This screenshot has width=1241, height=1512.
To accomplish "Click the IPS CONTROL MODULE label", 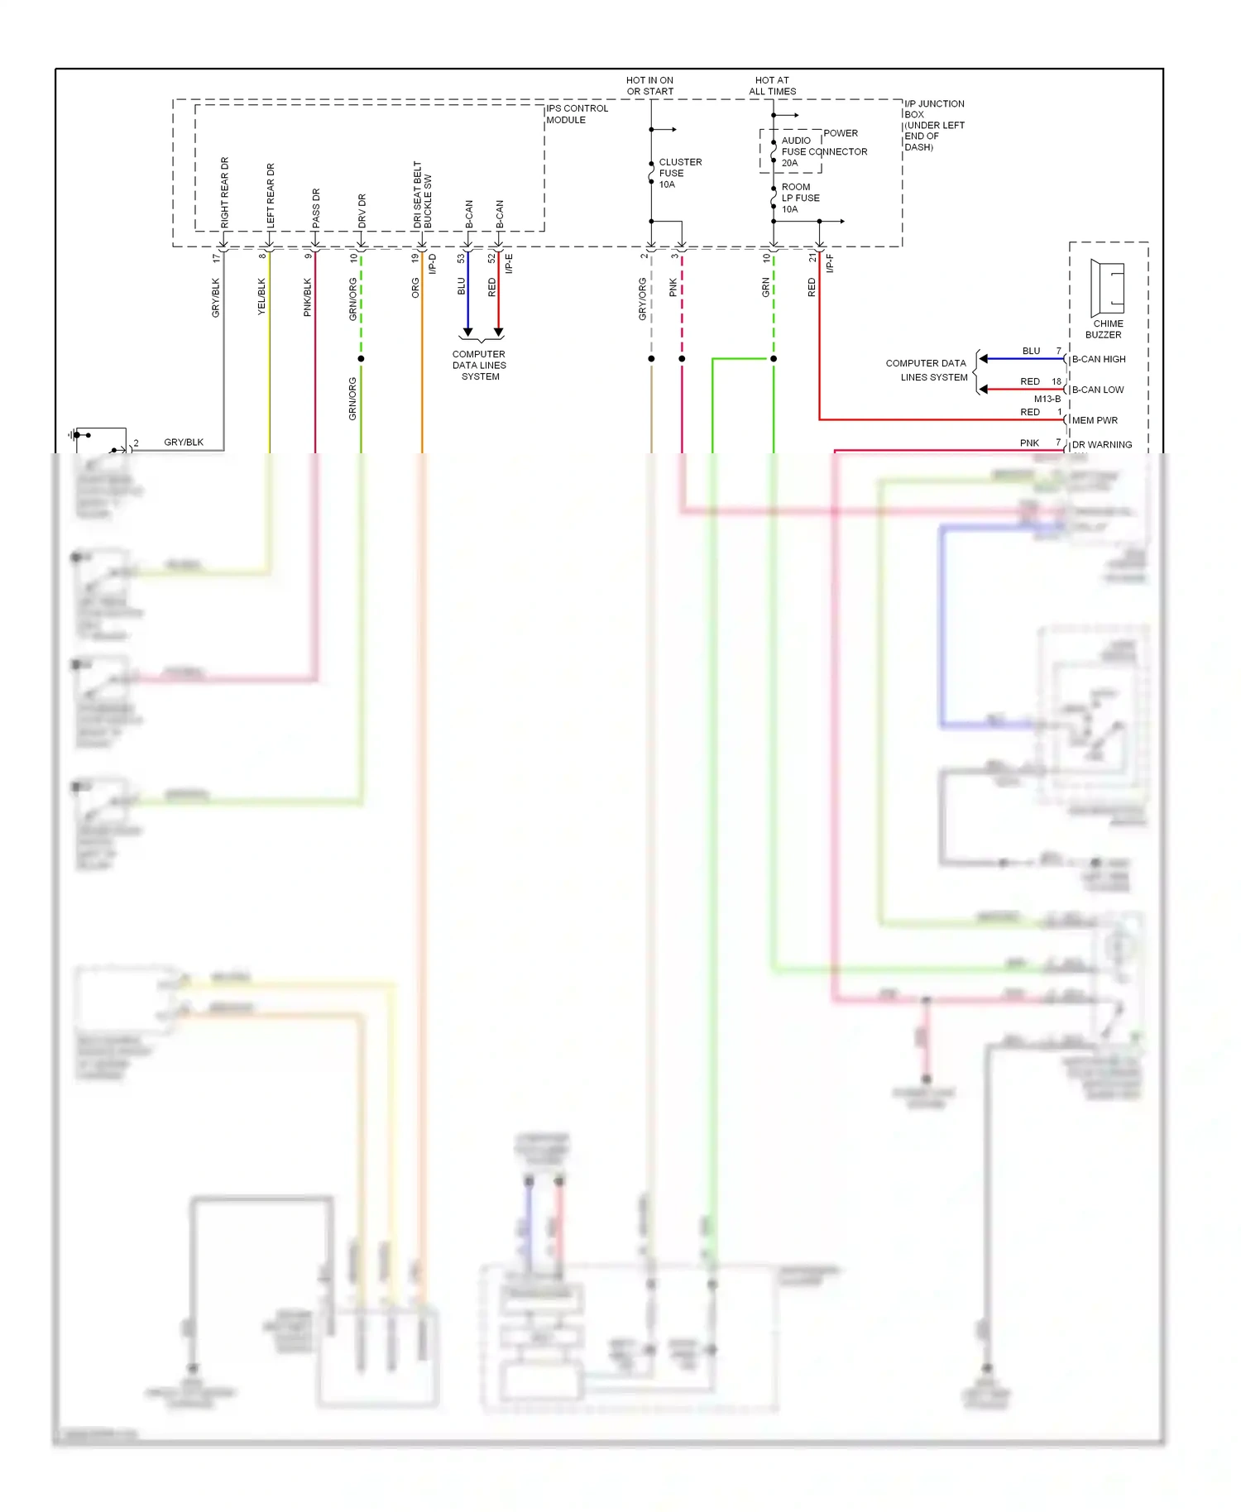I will (x=577, y=114).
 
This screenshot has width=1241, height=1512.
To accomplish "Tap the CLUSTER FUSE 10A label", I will (x=679, y=173).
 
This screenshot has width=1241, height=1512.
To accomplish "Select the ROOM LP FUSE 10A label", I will (x=800, y=198).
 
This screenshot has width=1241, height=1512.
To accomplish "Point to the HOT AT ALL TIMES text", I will (x=772, y=86).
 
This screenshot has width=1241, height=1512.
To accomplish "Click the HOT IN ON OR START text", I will (x=649, y=86).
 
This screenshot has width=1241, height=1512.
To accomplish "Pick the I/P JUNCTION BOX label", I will (x=934, y=125).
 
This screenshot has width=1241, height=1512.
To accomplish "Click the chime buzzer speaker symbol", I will (x=1107, y=284).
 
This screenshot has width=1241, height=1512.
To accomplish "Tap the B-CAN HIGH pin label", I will (x=1099, y=360).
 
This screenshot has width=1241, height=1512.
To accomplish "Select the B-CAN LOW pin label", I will (x=1098, y=390).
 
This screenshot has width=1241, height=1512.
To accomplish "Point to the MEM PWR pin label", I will (x=1095, y=420).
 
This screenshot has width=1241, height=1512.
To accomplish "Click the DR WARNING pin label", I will (x=1102, y=445).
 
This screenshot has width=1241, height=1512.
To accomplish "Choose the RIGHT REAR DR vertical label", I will (x=225, y=193).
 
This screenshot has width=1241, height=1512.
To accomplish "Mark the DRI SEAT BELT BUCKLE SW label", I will (x=423, y=195).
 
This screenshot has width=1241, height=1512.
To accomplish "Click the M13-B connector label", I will (x=1047, y=400).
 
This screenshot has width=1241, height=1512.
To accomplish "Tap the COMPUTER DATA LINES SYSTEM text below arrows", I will (x=479, y=366).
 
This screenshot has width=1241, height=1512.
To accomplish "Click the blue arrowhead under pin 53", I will (x=467, y=333).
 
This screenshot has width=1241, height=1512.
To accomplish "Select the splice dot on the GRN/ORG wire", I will (x=361, y=359).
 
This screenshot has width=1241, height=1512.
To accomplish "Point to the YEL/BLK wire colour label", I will (x=261, y=296).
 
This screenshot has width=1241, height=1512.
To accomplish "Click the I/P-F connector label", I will (x=830, y=263).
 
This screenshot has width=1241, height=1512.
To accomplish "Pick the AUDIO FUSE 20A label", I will (x=796, y=152).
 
